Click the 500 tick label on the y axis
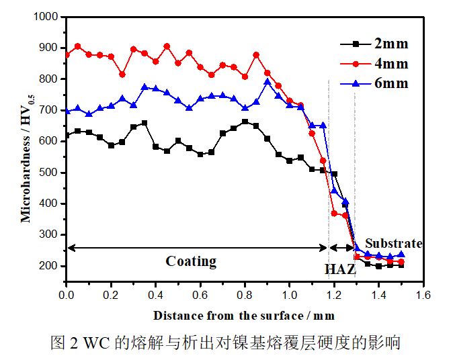pyautogui.click(x=49, y=173)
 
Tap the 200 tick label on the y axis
pyautogui.click(x=49, y=266)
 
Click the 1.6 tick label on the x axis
pyautogui.click(x=423, y=294)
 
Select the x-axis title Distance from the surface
pyautogui.click(x=243, y=315)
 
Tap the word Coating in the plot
pyautogui.click(x=191, y=261)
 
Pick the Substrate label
pyautogui.click(x=393, y=243)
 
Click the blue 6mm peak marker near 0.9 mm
pyautogui.click(x=267, y=82)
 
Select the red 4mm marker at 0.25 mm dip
pyautogui.click(x=122, y=75)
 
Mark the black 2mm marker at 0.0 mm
pyautogui.click(x=67, y=135)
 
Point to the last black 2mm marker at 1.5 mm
pyautogui.click(x=401, y=265)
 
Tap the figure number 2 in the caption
pyautogui.click(x=73, y=343)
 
